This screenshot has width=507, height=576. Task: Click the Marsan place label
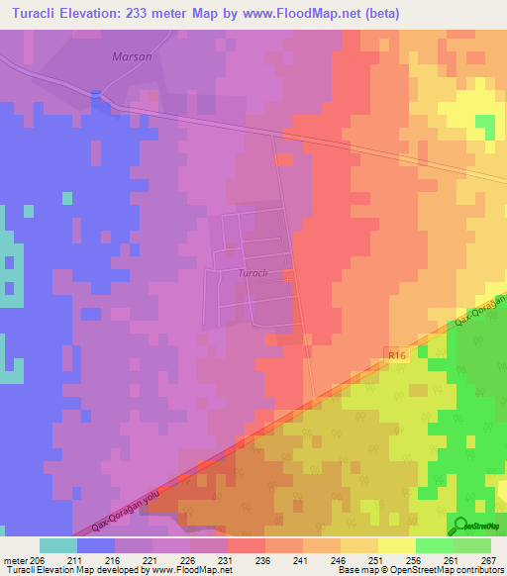(132, 56)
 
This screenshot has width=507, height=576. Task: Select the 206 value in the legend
(39, 561)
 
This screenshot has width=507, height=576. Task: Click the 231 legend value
(227, 561)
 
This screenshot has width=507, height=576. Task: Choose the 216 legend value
(114, 561)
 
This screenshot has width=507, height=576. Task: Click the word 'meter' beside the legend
(14, 561)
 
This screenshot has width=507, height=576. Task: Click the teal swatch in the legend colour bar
(57, 545)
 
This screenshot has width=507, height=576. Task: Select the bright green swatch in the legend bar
(434, 545)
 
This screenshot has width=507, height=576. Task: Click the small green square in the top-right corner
(485, 126)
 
